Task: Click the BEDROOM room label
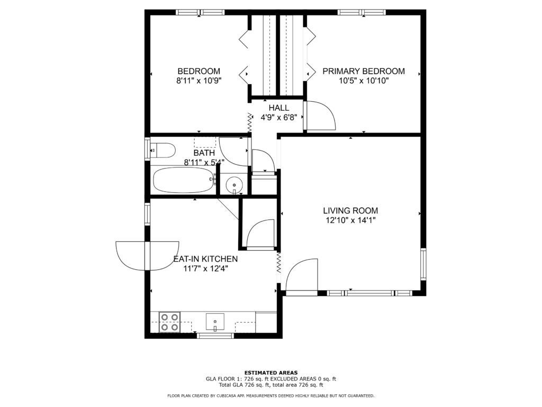coord(199,72)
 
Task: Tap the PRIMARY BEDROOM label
coord(364,72)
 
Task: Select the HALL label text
coord(278,108)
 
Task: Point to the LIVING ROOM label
coord(350,210)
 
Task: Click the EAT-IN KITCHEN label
coord(205,259)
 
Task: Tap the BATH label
coord(204,153)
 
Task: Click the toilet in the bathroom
coord(163,151)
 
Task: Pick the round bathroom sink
coord(234,185)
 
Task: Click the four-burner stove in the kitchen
coord(170,322)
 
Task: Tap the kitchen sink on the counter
coord(215,322)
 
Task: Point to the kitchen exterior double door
coord(147,256)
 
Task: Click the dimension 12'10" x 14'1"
coord(350,220)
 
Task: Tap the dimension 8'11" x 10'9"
coord(199,81)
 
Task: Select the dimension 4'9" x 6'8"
coord(278,117)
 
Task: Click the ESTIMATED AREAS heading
coord(271,373)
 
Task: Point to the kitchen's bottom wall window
coord(215,335)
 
